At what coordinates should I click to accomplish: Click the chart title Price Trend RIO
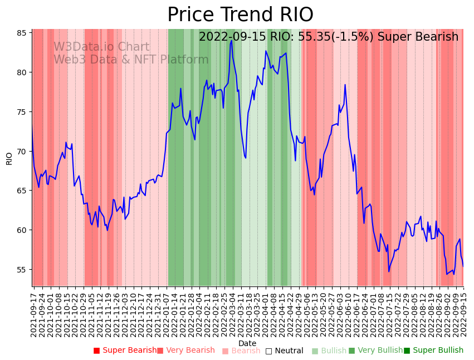(240, 15)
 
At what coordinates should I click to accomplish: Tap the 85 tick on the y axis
(22, 33)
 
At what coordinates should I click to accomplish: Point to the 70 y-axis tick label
(22, 151)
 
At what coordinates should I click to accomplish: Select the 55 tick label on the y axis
(22, 269)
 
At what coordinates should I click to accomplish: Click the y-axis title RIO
(9, 158)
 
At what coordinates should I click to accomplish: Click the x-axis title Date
(247, 343)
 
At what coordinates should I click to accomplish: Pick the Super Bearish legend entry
(125, 351)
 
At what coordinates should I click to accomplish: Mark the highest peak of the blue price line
(231, 40)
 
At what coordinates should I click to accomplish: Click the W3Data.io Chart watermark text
(101, 47)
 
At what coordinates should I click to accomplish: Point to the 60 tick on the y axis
(22, 230)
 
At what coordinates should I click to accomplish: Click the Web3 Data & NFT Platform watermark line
(131, 60)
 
